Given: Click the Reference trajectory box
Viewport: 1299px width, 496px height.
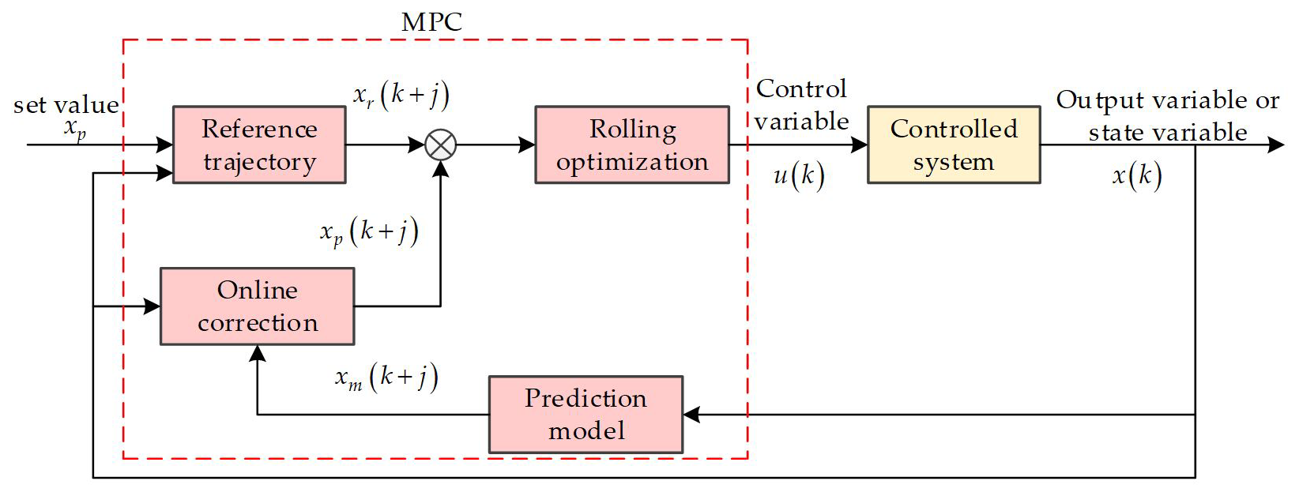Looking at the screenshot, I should [x=259, y=145].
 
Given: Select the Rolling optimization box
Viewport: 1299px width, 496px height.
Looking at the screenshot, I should [x=632, y=145].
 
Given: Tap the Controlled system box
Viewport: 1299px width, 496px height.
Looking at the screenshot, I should [x=954, y=145].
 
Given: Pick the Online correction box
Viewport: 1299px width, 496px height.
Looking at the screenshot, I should [x=258, y=306].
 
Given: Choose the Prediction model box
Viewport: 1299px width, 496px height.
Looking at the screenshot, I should [x=585, y=415].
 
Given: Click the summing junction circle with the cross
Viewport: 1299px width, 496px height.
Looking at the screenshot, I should [x=441, y=145].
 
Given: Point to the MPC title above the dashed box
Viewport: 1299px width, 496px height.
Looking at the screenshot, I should [x=431, y=22].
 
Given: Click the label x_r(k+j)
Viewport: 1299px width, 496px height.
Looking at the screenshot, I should [x=401, y=96].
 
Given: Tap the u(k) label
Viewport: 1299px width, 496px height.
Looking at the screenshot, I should [x=799, y=175].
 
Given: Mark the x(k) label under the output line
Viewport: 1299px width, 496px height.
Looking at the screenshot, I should [x=1137, y=175].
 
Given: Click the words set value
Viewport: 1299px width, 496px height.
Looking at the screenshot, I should [x=66, y=105].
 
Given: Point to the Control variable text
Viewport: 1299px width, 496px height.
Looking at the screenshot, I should [x=801, y=104].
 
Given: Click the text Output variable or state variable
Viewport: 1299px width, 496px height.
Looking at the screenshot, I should [x=1167, y=116].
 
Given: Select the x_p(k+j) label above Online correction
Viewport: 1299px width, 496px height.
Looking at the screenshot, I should [x=369, y=231].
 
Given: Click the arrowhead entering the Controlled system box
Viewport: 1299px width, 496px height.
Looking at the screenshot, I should [x=860, y=145].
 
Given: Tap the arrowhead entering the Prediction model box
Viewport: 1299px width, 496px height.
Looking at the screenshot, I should [x=691, y=415].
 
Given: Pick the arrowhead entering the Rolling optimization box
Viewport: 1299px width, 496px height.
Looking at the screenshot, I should [x=527, y=145].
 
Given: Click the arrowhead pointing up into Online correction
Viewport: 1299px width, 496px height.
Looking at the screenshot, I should [x=258, y=354].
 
